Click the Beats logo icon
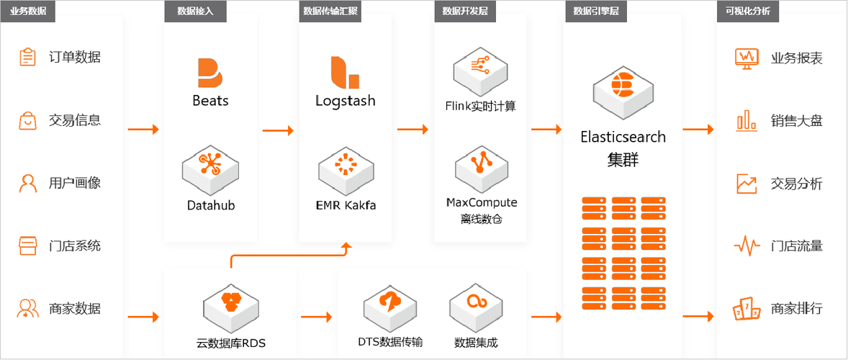pyautogui.click(x=209, y=73)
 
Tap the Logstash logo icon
pyautogui.click(x=345, y=72)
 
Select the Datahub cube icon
pyautogui.click(x=210, y=166)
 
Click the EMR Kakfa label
pyautogui.click(x=346, y=205)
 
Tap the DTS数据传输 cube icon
pyautogui.click(x=390, y=305)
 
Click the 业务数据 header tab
pyautogui.click(x=28, y=11)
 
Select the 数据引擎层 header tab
pyautogui.click(x=591, y=11)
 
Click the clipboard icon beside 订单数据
pyautogui.click(x=27, y=57)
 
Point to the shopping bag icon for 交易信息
pyautogui.click(x=27, y=120)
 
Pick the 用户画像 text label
pyautogui.click(x=75, y=183)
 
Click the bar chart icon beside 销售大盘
pyautogui.click(x=746, y=120)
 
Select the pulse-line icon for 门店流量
pyautogui.click(x=746, y=246)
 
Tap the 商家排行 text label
pyautogui.click(x=796, y=309)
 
